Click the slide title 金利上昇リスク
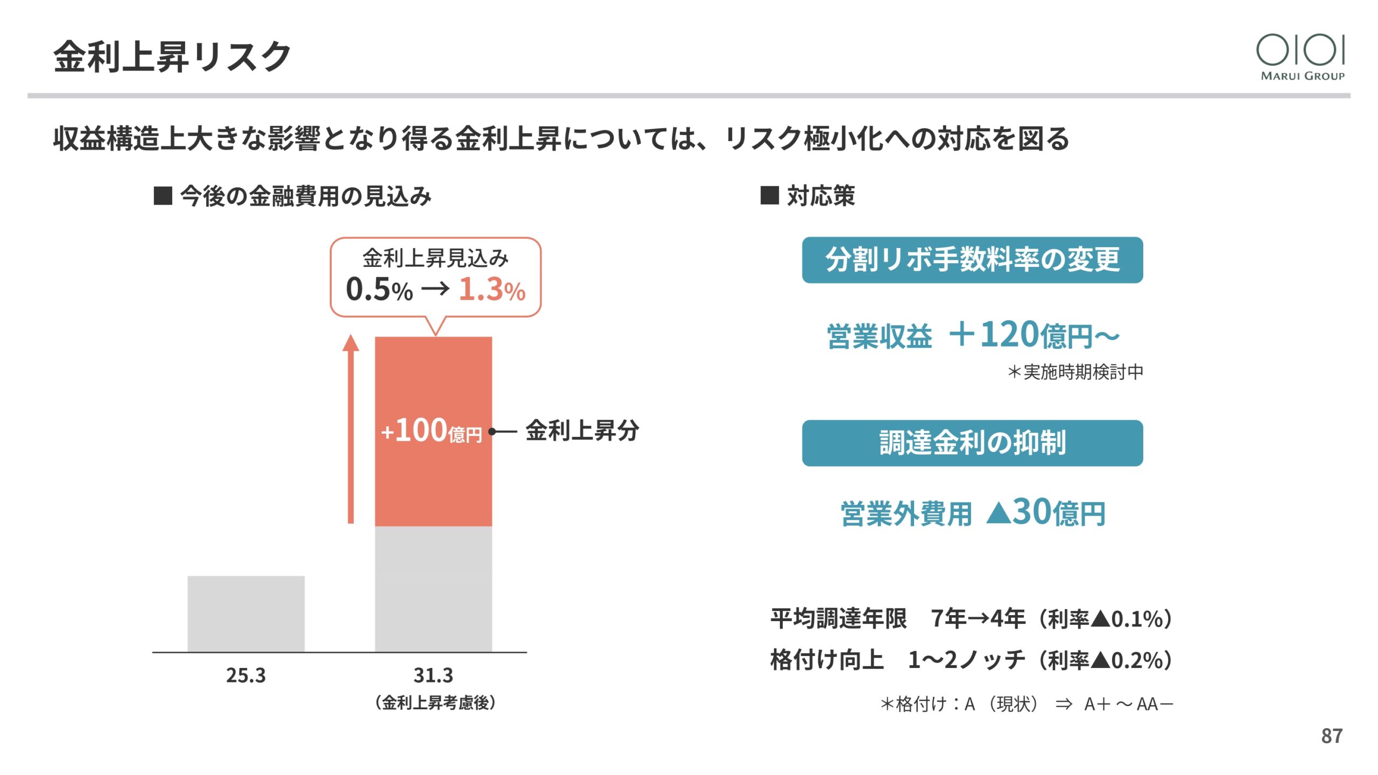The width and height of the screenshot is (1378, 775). [172, 57]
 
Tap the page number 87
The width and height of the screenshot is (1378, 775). [1332, 736]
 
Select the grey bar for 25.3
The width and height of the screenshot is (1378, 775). [246, 614]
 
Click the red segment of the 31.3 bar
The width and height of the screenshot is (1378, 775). [433, 377]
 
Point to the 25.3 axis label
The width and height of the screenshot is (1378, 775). [246, 675]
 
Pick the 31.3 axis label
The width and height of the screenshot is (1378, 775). [433, 675]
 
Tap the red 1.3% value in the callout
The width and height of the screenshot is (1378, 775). [491, 290]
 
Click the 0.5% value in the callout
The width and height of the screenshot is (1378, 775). [379, 290]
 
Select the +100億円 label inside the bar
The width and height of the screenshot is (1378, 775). [431, 431]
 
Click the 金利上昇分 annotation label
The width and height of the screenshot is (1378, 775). [582, 431]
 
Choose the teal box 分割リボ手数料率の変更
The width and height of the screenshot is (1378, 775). [972, 260]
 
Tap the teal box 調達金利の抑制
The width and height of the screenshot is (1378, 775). [972, 443]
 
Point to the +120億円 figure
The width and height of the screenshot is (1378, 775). [1033, 335]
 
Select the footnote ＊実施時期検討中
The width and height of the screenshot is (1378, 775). [1075, 372]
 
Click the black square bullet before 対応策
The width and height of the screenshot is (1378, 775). [769, 195]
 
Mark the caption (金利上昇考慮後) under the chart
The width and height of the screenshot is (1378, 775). [435, 703]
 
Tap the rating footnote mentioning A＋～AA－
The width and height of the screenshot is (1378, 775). [1026, 704]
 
